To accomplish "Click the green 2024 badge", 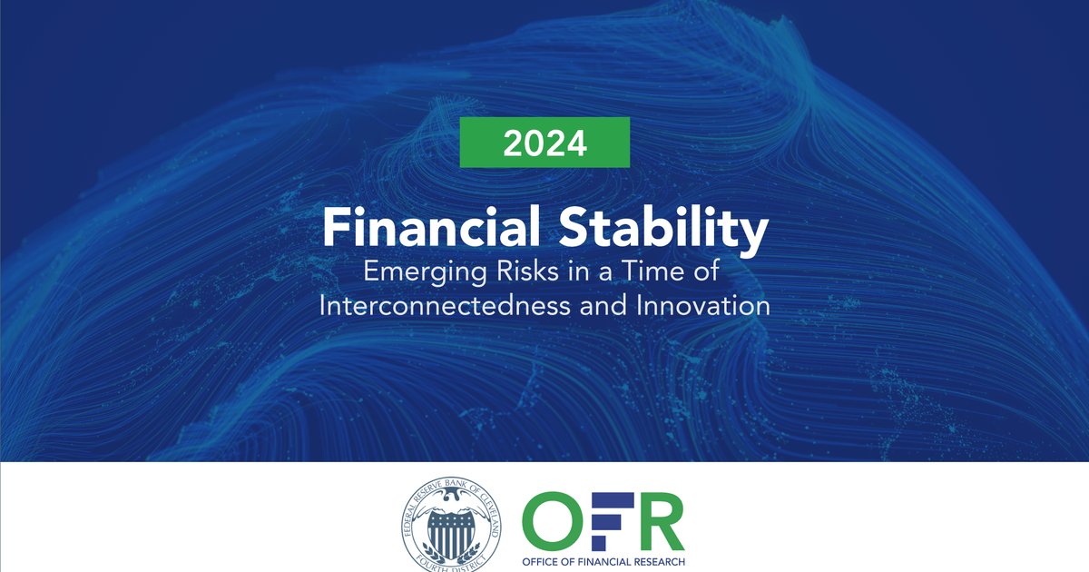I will [544, 143].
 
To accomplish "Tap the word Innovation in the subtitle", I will [712, 306].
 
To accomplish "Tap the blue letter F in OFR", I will [609, 519].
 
